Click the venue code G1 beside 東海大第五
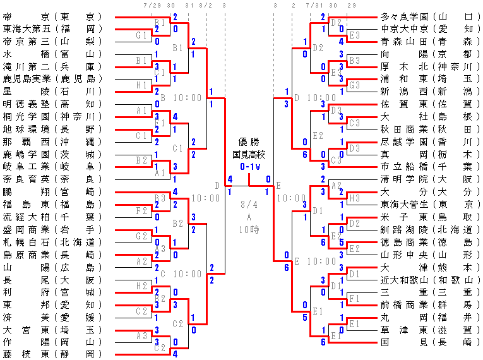[143, 35]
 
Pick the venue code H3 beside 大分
[355, 198]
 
